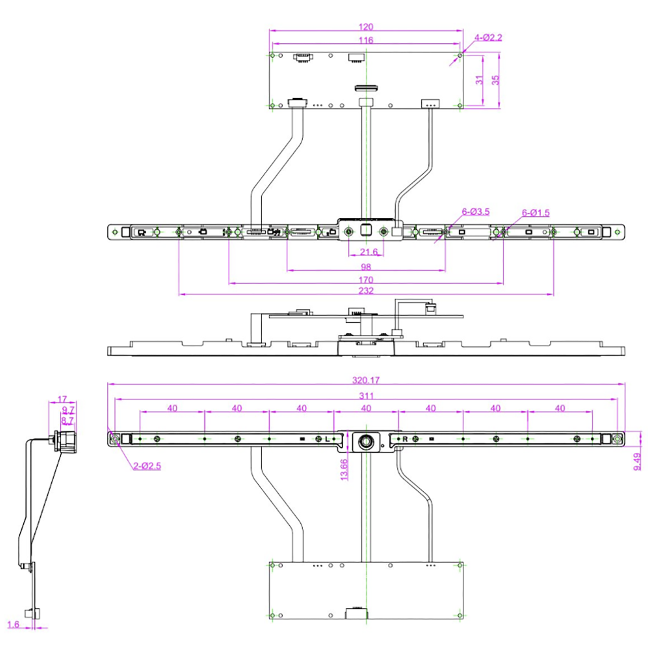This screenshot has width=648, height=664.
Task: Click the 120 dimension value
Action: point(366,27)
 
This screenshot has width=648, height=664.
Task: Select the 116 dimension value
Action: point(366,40)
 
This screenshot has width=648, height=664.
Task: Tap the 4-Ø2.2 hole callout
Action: point(488,37)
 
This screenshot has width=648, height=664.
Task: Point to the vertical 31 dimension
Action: point(479,80)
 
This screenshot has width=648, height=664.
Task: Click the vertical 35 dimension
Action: point(496,80)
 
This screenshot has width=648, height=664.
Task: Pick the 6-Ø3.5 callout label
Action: point(475,212)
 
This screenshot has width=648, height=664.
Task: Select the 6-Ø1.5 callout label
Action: point(536,213)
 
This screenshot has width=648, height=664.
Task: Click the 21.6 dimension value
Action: point(369,252)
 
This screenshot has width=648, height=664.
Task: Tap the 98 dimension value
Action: point(366,266)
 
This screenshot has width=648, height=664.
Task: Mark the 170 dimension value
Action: point(366,280)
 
